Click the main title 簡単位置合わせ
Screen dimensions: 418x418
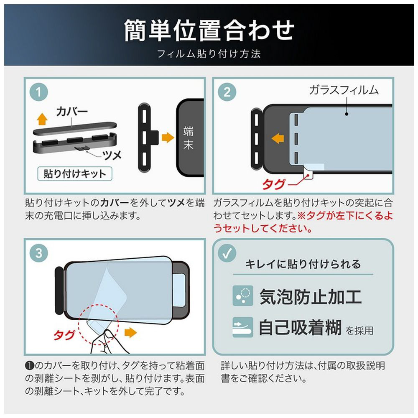pos(209,31)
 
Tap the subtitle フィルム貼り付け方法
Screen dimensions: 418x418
pos(209,54)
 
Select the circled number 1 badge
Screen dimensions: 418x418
pos(39,92)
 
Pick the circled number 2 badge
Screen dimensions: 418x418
pos(227,92)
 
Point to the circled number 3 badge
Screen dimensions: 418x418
pos(39,253)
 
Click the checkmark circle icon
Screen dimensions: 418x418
pos(227,253)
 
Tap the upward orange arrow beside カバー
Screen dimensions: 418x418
pos(42,119)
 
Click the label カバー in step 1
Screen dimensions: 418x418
pos(72,112)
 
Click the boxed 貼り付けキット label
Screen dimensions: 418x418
pos(75,174)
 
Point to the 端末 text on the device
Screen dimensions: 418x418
pos(188,138)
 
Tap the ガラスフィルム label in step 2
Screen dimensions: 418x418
pos(344,90)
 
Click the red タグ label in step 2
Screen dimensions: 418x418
pos(273,184)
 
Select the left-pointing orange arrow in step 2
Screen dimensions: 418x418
pos(278,138)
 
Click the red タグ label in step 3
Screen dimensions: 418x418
pos(64,335)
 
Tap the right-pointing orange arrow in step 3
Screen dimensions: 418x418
pos(130,332)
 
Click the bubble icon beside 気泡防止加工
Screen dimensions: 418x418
pos(242,296)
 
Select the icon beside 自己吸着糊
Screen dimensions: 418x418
pos(242,327)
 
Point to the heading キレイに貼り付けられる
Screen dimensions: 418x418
pos(303,264)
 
